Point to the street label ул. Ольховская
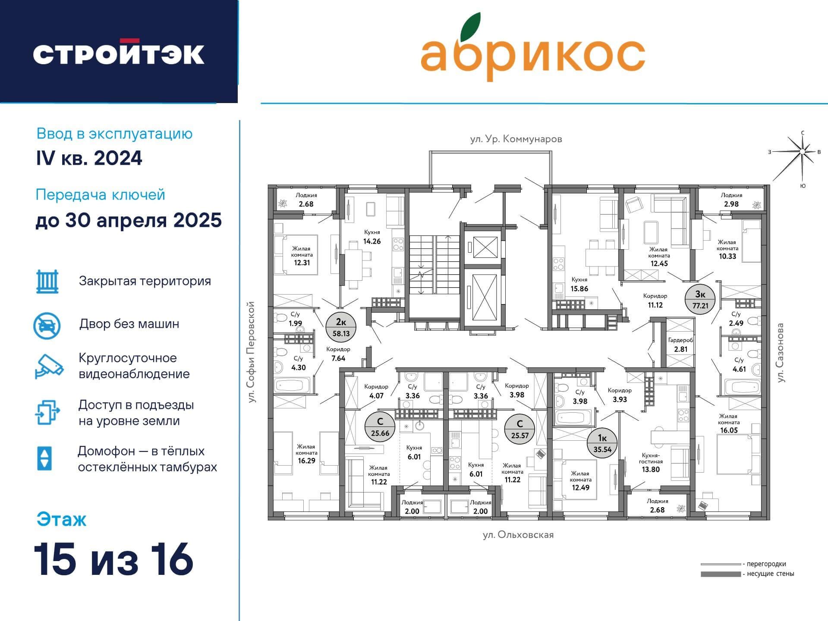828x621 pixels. click(x=518, y=535)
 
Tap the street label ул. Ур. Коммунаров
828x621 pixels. click(x=516, y=139)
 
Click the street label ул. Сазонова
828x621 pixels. click(x=780, y=353)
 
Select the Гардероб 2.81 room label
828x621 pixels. click(x=680, y=345)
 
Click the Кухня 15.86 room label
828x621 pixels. click(x=579, y=285)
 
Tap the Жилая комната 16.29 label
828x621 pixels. click(x=306, y=453)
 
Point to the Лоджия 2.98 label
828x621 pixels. click(x=731, y=200)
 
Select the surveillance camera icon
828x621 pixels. click(x=49, y=367)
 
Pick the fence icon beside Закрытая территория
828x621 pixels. click(x=47, y=282)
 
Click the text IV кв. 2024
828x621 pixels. click(x=89, y=158)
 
